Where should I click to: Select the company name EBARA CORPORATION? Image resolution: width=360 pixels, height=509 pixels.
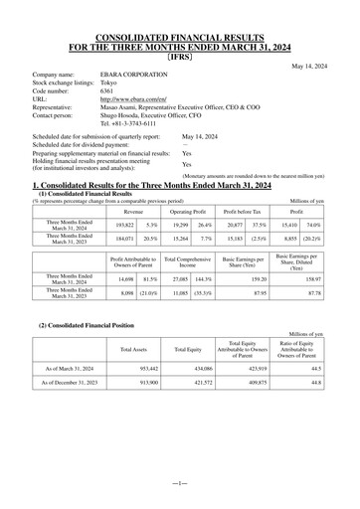tap(136, 75)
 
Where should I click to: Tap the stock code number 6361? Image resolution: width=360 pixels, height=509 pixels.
tap(107, 91)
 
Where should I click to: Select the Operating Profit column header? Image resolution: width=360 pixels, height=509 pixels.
tap(186, 184)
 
